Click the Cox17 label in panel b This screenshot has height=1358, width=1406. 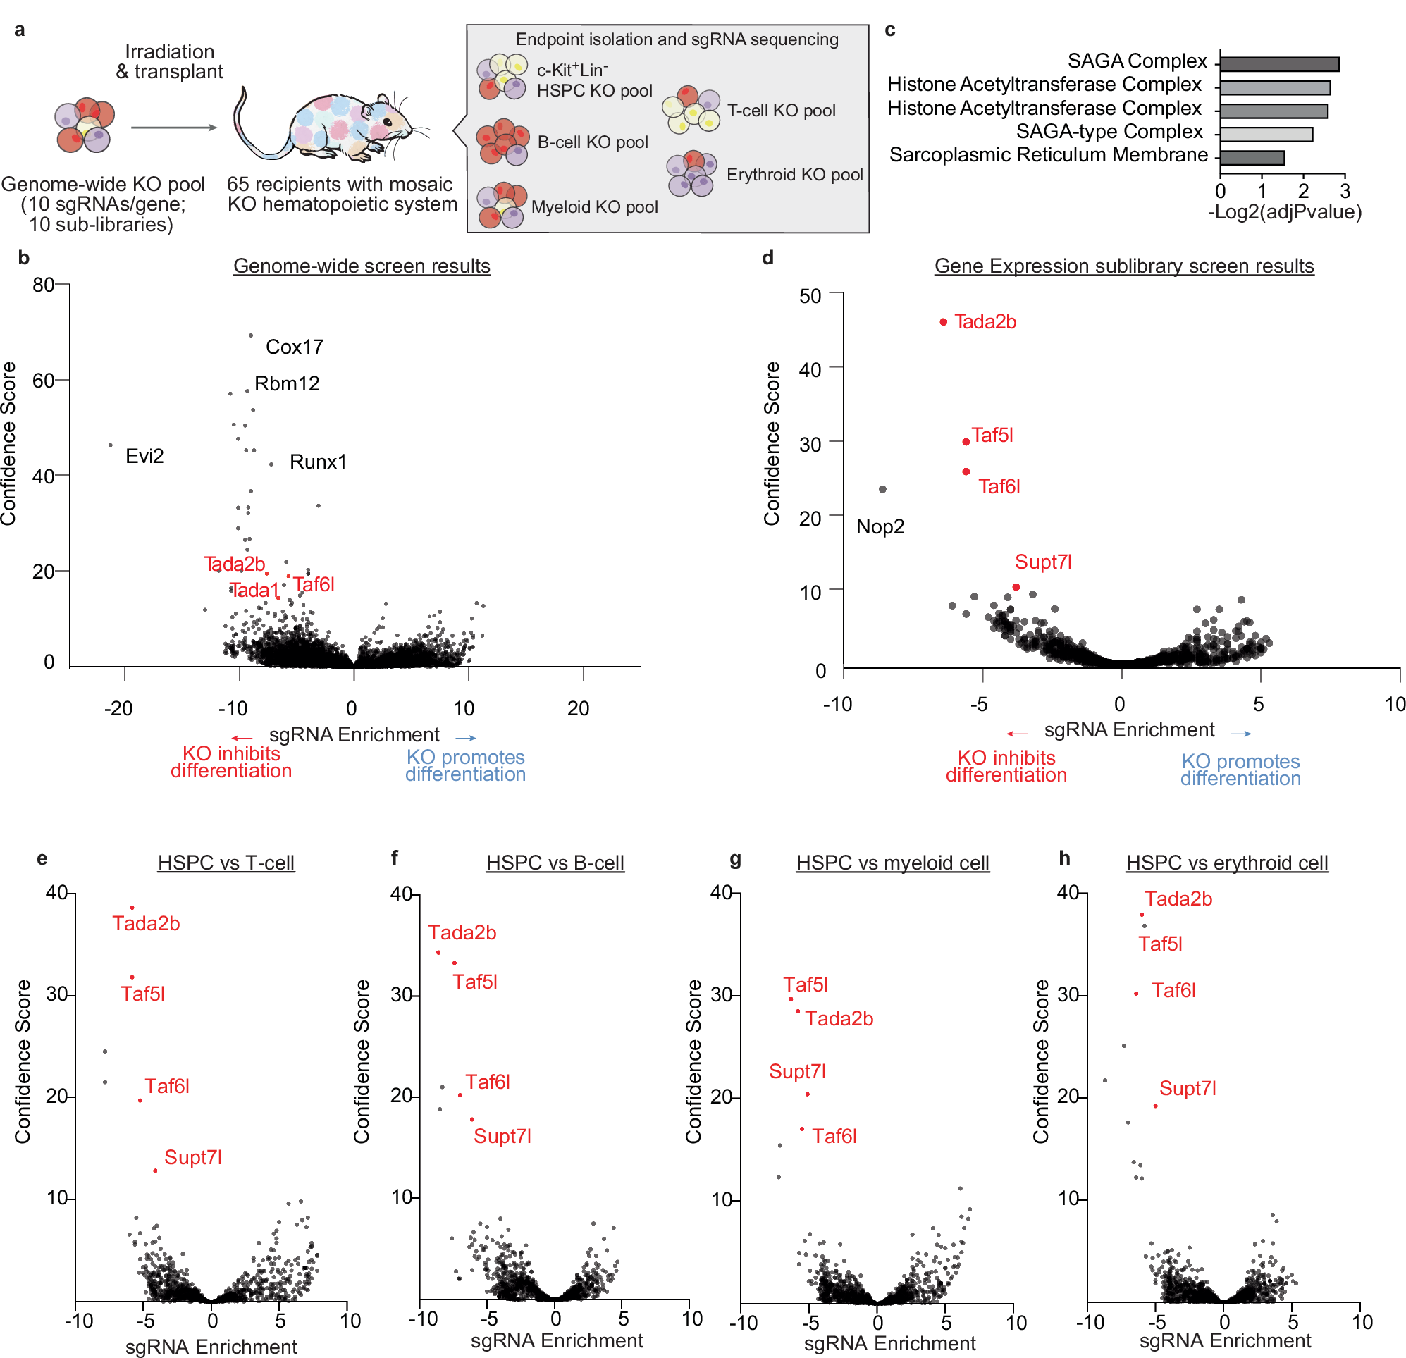tap(294, 347)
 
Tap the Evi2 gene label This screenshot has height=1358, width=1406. tap(144, 456)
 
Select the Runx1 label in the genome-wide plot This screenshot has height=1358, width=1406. tap(318, 462)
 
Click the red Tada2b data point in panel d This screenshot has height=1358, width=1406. tap(943, 322)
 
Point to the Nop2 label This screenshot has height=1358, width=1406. tap(880, 527)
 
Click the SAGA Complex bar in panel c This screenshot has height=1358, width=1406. tap(1279, 65)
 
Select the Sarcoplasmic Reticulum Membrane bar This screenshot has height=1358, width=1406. tap(1252, 158)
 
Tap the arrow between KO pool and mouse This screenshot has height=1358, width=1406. tap(173, 128)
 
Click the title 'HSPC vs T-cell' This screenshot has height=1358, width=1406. tap(226, 863)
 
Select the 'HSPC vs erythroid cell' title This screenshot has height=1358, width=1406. tap(1227, 863)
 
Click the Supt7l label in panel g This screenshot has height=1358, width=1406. tap(797, 1072)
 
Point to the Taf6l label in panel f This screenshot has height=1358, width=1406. tap(487, 1082)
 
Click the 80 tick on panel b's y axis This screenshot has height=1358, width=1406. tap(43, 285)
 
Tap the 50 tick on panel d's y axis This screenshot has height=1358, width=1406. tap(810, 296)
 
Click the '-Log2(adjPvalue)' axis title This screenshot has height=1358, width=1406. tap(1284, 212)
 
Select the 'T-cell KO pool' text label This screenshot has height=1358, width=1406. tap(781, 111)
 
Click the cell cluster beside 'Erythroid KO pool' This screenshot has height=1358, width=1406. tap(691, 173)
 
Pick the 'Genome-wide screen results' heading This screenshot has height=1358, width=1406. tap(362, 266)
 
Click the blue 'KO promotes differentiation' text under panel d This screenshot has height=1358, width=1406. tap(1240, 770)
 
